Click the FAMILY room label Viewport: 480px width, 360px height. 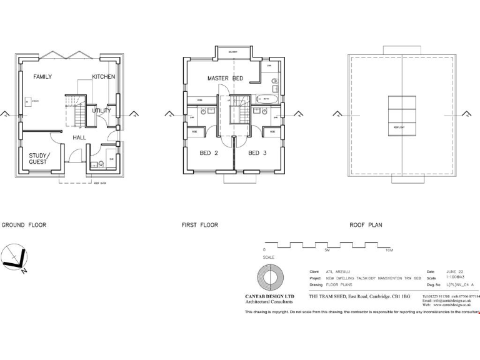click(42, 77)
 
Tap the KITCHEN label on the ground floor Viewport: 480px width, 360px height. click(104, 77)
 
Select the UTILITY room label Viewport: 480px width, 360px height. click(101, 111)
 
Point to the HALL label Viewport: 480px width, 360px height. click(79, 137)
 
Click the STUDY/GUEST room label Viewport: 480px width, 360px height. click(38, 159)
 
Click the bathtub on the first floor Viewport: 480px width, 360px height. click(265, 98)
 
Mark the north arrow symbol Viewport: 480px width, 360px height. click(14, 258)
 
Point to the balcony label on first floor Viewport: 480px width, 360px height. click(232, 52)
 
